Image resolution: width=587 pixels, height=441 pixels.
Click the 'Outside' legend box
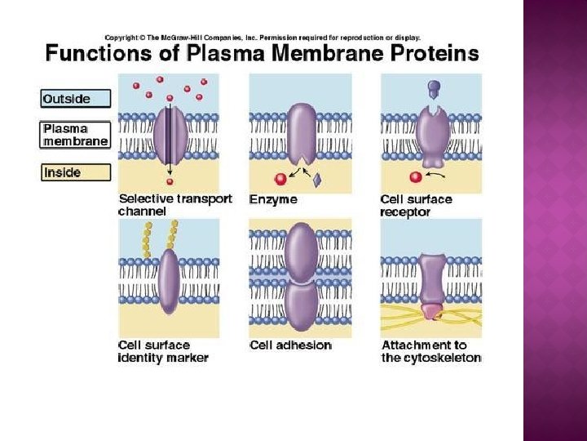tap(77, 98)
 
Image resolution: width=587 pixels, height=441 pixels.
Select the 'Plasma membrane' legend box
tap(75, 135)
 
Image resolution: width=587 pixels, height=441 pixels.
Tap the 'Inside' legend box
tap(75, 173)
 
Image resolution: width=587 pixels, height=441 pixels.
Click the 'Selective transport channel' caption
tap(175, 204)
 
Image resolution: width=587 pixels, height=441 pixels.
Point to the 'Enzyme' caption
tap(273, 199)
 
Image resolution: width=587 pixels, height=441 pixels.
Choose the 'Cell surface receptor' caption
tap(416, 205)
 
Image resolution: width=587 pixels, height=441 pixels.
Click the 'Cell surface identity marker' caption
tap(163, 351)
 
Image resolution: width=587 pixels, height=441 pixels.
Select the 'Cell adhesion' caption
tap(290, 345)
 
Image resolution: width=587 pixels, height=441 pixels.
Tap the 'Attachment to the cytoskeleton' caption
tap(431, 351)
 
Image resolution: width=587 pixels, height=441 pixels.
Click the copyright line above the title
tap(263, 38)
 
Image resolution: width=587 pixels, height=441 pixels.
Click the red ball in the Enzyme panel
tap(280, 179)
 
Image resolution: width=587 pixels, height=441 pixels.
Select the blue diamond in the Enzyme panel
tap(316, 178)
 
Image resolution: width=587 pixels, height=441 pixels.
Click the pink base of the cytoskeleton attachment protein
tap(431, 311)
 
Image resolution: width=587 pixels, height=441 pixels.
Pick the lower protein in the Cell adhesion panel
tap(300, 303)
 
